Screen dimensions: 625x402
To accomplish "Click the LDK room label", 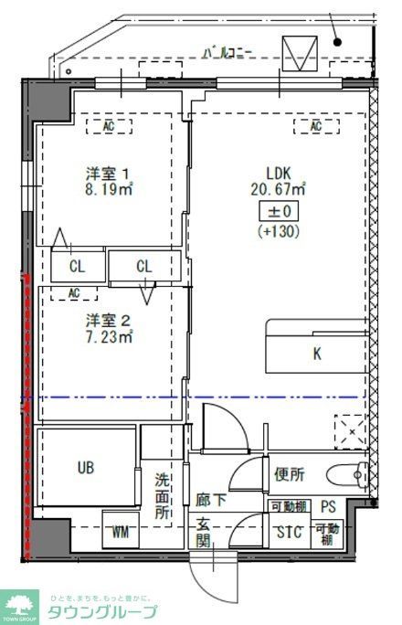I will [x=278, y=173].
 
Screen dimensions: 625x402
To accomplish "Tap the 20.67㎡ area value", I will [x=278, y=190].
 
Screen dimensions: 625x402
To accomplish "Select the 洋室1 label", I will [x=108, y=174].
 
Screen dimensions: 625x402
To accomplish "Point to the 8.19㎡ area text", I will [x=109, y=191].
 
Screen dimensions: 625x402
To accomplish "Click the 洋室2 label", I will [x=108, y=320].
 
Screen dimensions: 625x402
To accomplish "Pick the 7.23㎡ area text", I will [x=109, y=337].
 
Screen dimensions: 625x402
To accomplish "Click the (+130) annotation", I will [x=278, y=232].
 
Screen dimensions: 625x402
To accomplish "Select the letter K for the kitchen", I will [x=317, y=354].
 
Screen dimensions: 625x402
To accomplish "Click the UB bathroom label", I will [x=85, y=467].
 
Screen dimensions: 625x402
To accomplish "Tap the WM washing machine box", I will [x=120, y=531].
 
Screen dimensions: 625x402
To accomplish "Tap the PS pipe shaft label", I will [x=327, y=507].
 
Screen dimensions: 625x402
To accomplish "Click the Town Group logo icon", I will [x=20, y=606].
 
